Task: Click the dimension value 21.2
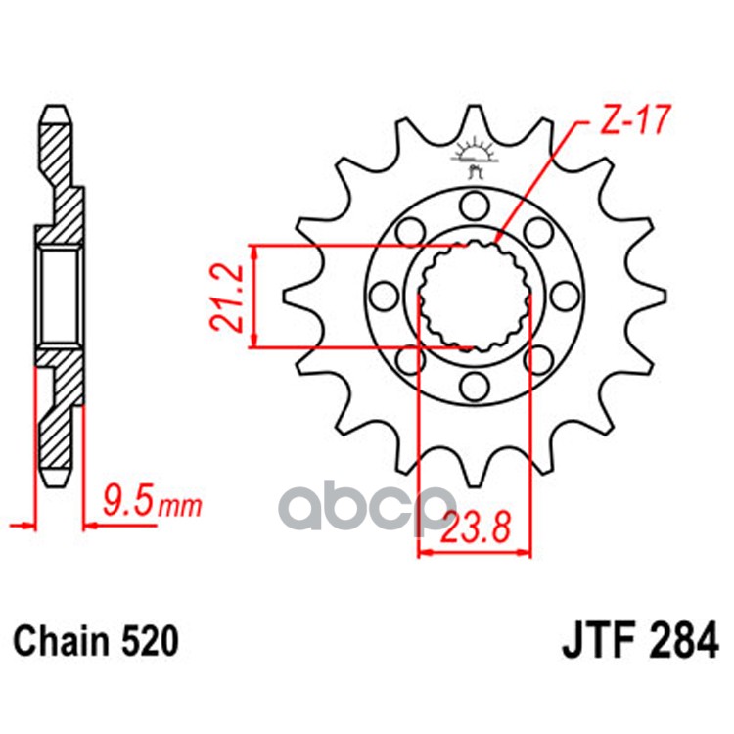tap(227, 297)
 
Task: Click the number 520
tap(151, 643)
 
